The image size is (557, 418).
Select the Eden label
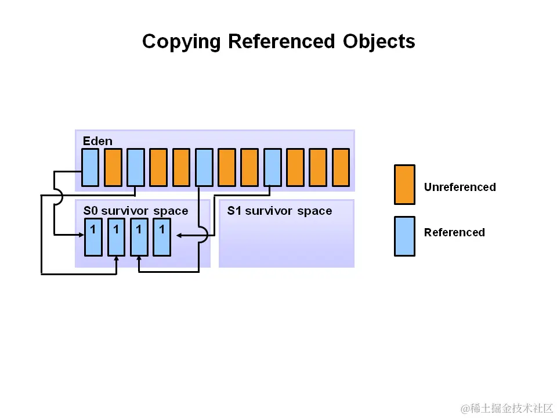[x=97, y=141]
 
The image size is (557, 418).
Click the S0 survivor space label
[x=136, y=211]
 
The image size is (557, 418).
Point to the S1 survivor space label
[x=280, y=211]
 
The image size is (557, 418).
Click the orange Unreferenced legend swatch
[x=404, y=185]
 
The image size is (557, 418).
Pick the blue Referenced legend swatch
[x=404, y=236]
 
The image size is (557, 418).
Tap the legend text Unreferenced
[x=460, y=187]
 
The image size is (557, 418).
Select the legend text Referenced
[x=454, y=232]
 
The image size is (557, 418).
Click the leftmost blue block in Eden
[x=90, y=167]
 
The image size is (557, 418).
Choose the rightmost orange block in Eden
[x=341, y=167]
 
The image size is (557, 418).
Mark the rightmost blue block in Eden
[x=272, y=167]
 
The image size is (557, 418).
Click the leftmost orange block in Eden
[x=113, y=167]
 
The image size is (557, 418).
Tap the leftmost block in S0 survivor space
[x=93, y=237]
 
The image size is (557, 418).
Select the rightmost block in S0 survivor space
[x=162, y=237]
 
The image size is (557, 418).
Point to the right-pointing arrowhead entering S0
[x=81, y=235]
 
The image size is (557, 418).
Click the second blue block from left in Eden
[x=135, y=167]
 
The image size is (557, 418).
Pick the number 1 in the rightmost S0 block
[x=162, y=229]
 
